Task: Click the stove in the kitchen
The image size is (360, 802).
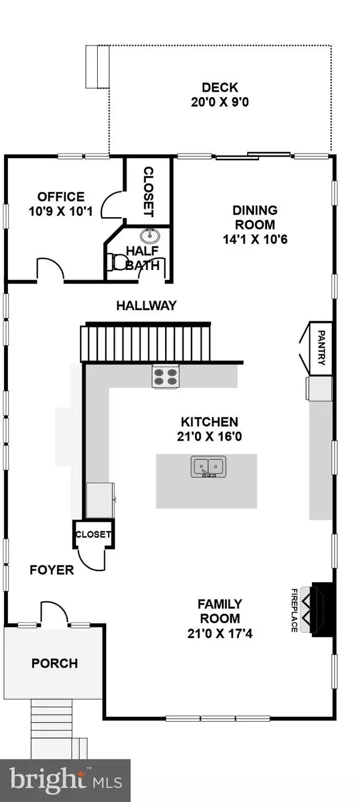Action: [165, 376]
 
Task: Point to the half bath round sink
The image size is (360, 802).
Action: [149, 235]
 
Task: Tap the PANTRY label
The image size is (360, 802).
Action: [321, 349]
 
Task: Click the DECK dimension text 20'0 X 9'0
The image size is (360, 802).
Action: [217, 102]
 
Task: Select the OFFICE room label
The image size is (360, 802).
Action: [61, 197]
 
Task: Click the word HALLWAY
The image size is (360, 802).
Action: [146, 305]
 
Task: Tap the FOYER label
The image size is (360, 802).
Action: [52, 570]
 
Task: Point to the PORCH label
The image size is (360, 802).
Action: [55, 663]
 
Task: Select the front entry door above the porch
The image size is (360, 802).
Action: [54, 615]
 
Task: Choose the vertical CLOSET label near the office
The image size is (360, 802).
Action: [148, 192]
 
